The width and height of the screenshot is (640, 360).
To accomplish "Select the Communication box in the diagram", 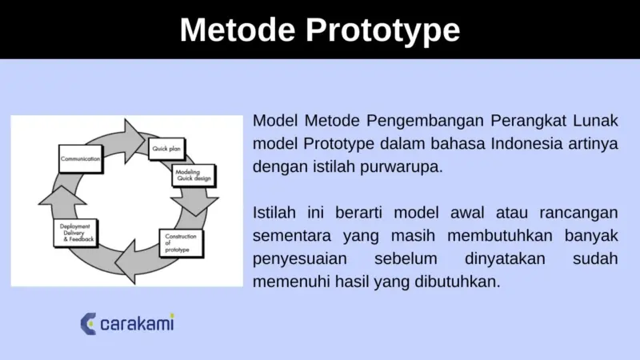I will click(80, 159).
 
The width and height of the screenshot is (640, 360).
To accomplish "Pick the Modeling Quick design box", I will click(194, 175).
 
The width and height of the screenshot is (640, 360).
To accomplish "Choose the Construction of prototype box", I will click(182, 242).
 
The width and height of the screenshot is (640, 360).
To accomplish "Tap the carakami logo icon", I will click(89, 323).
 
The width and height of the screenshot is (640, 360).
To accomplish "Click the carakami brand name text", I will click(137, 324).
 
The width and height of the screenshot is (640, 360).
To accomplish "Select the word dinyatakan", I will click(506, 260).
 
